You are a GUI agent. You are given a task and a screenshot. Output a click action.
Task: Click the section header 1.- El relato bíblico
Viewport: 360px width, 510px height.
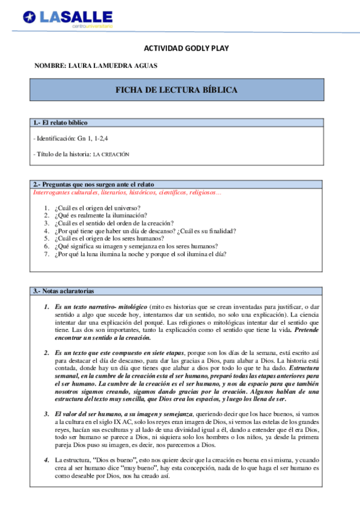(x=60, y=123)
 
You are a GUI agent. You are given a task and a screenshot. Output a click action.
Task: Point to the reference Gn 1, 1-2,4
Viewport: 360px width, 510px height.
(x=93, y=138)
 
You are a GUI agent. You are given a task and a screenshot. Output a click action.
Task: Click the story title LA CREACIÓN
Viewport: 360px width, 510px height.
(x=111, y=155)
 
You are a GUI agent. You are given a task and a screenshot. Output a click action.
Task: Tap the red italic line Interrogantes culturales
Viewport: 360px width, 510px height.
(x=127, y=193)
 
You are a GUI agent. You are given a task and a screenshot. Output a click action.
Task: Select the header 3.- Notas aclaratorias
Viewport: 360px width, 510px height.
(x=64, y=291)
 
